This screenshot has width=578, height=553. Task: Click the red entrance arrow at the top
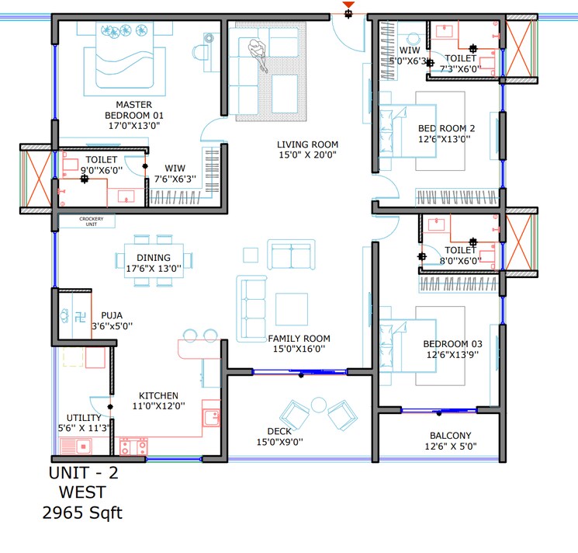(349, 6)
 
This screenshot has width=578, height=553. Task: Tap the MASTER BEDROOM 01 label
(133, 105)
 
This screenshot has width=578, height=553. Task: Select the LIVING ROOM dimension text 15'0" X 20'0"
(308, 155)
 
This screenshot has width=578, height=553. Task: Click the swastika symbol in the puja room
(64, 316)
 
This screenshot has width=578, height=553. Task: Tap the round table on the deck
(318, 405)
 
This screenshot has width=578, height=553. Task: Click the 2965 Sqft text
(82, 513)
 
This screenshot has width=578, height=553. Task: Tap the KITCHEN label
(158, 395)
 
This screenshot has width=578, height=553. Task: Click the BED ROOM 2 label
(446, 128)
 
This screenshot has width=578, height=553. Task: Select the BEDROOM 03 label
(452, 344)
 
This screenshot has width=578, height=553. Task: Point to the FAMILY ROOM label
(299, 339)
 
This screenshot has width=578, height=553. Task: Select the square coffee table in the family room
(291, 305)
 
